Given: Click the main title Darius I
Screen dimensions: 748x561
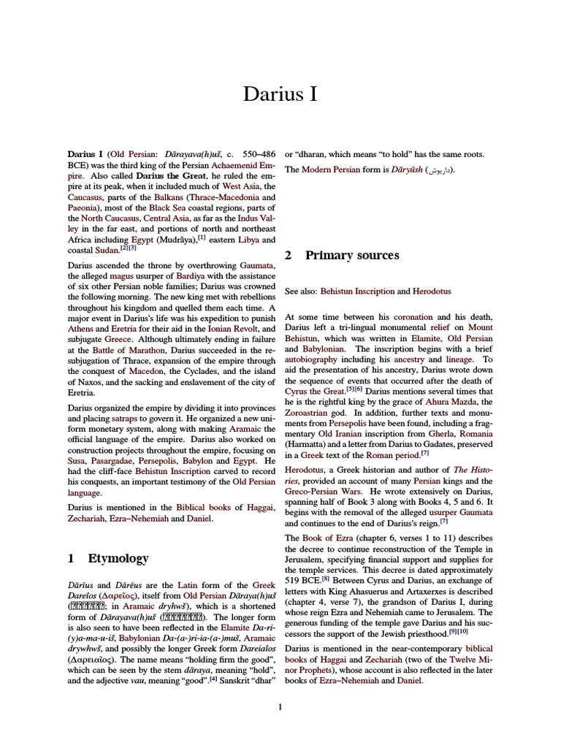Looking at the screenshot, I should [280, 94].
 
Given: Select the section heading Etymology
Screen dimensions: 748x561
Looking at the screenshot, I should [118, 558].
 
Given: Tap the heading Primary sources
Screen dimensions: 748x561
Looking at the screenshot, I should [352, 255].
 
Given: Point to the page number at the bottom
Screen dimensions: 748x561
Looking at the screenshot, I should [280, 706].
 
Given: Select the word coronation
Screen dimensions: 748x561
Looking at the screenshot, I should [413, 317].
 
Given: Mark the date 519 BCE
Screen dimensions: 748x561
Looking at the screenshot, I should [302, 581].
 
